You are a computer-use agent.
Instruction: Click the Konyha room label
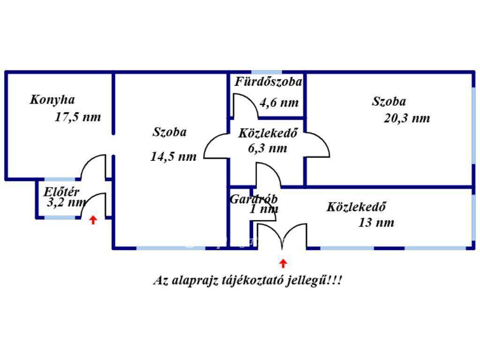click(x=52, y=100)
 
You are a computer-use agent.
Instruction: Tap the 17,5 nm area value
click(x=78, y=117)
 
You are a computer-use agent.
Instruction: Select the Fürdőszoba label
click(x=269, y=82)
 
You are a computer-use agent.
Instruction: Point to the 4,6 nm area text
click(x=279, y=103)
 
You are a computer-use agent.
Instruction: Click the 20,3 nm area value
click(x=407, y=118)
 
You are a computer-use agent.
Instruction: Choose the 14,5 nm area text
click(x=173, y=157)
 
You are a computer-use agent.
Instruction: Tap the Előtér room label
click(x=61, y=192)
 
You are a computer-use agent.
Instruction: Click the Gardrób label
click(x=254, y=199)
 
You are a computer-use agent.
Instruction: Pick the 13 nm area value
click(x=376, y=223)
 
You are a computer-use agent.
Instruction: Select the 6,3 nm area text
click(x=268, y=149)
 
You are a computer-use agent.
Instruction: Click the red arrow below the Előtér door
click(x=93, y=220)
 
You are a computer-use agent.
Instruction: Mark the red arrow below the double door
click(x=283, y=263)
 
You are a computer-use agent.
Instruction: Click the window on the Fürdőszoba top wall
click(x=267, y=73)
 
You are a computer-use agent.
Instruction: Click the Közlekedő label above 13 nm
click(x=356, y=207)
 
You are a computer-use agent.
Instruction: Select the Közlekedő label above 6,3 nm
click(x=268, y=133)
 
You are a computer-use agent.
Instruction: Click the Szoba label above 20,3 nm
click(x=389, y=101)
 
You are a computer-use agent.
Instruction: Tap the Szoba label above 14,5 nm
click(x=170, y=132)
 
